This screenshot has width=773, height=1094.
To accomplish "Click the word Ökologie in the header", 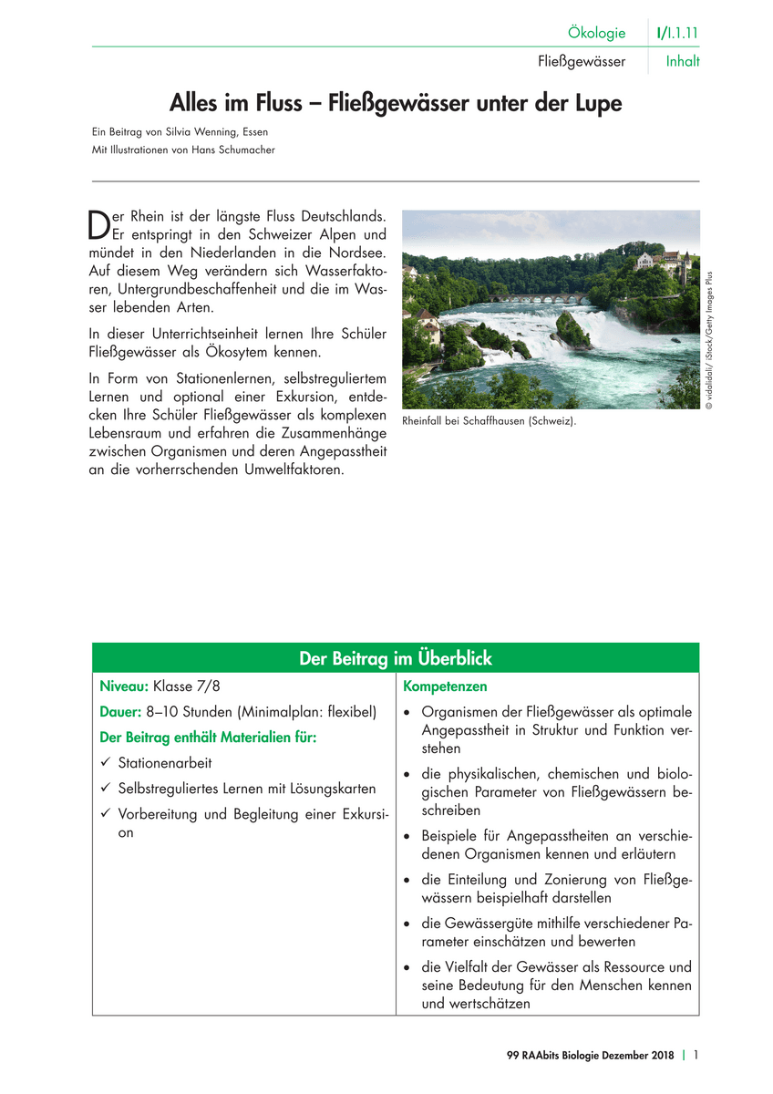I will pos(596,33).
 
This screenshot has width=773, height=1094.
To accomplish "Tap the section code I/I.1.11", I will pos(676,33).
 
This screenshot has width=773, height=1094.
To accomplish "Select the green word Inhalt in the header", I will pos(683,62).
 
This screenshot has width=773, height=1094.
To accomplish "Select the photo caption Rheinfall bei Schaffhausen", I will pos(490,422).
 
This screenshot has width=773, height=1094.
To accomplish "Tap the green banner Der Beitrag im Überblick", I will pos(396,658).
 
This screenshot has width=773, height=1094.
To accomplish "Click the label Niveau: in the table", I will pos(124,686).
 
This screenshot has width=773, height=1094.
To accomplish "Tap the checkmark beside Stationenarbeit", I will pos(106,763).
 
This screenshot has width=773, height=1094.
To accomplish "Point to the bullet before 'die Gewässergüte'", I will pos(407,924).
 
